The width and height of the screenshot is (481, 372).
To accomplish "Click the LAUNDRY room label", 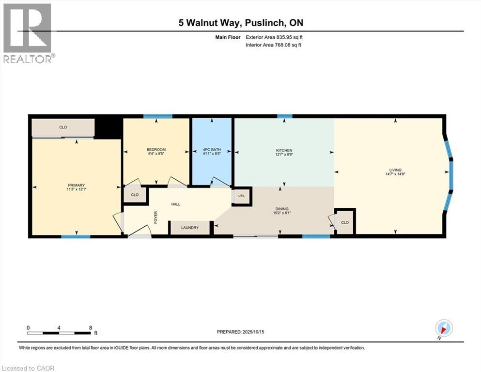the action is coord(190,228).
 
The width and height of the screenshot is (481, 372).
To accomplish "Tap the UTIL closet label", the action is coord(242,196).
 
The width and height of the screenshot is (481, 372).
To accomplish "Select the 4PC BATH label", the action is coord(212,150).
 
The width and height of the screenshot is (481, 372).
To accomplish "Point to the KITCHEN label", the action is coord(284,150).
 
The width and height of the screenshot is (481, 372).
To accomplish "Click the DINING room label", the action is coord(282,209).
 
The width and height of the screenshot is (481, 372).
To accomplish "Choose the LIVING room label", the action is coord(395,170).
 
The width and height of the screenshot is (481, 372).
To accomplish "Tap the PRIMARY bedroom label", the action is coord(77,185).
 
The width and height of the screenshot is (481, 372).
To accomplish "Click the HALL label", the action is coord(176,204).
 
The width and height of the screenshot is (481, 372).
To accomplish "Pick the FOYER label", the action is coord(155,217).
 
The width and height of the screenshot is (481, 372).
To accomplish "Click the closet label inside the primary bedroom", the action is coord(63,127).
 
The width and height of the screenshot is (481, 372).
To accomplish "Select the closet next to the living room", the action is coord(345,223).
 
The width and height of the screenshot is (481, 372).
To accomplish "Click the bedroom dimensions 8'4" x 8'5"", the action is coord(156,154).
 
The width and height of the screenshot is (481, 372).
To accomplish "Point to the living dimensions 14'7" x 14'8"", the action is coord(395,174).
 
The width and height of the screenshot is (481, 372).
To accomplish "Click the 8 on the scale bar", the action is coord(91,328).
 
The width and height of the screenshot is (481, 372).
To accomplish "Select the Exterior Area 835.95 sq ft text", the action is coord(274,37).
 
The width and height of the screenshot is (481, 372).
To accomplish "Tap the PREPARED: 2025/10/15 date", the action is coord(240,332).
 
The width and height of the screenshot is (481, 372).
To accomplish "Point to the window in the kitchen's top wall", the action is coord(285,116).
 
